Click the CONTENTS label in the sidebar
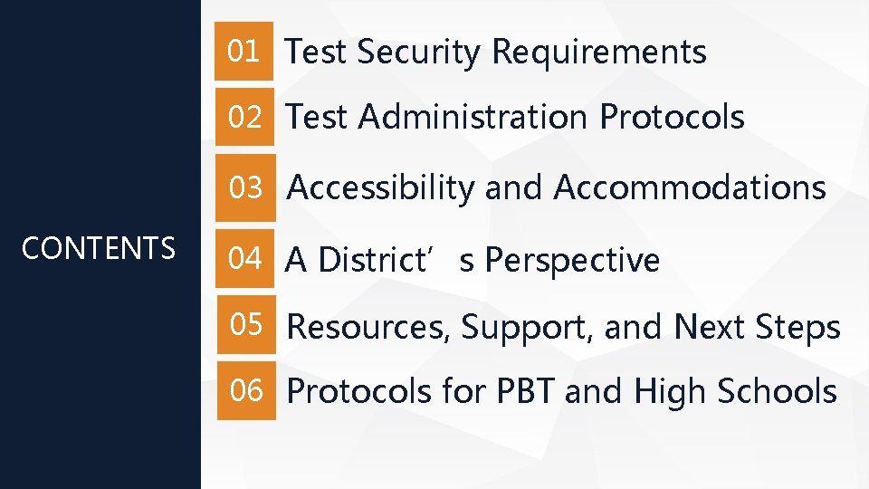[x=99, y=247]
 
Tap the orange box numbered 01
[x=244, y=52]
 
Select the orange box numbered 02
[x=244, y=117]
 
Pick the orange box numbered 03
[x=244, y=187]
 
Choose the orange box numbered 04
[x=244, y=259]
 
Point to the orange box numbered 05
[x=244, y=325]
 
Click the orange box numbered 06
[x=244, y=391]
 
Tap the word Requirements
[x=598, y=53]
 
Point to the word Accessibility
[x=381, y=188]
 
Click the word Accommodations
[x=690, y=188]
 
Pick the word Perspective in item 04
[x=573, y=261]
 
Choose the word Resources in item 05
[x=369, y=327]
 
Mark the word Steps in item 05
[x=803, y=327]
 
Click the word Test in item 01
[x=317, y=53]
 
